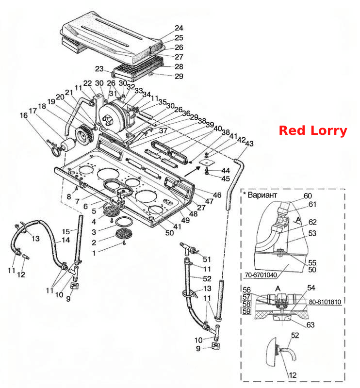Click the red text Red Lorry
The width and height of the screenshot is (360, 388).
(313, 130)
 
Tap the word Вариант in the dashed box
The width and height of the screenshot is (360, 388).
(262, 195)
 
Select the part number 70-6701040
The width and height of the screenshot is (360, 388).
(261, 275)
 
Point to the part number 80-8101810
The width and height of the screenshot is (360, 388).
(325, 302)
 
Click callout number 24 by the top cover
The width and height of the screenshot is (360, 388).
(179, 28)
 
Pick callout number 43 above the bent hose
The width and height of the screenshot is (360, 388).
(249, 143)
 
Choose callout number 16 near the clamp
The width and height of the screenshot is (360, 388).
(24, 115)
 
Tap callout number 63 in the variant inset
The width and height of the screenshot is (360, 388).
(310, 324)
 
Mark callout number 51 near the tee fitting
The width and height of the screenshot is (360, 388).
(207, 259)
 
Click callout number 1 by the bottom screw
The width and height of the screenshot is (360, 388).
(94, 253)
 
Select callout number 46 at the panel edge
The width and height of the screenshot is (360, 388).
(217, 195)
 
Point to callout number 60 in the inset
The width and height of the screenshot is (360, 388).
(308, 196)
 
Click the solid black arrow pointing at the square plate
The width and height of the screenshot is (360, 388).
(192, 172)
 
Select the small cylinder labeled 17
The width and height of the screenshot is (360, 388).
(68, 145)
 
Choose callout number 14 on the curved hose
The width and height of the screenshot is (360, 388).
(66, 240)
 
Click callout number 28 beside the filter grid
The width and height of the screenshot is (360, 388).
(179, 66)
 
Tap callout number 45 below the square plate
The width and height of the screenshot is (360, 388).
(226, 178)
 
